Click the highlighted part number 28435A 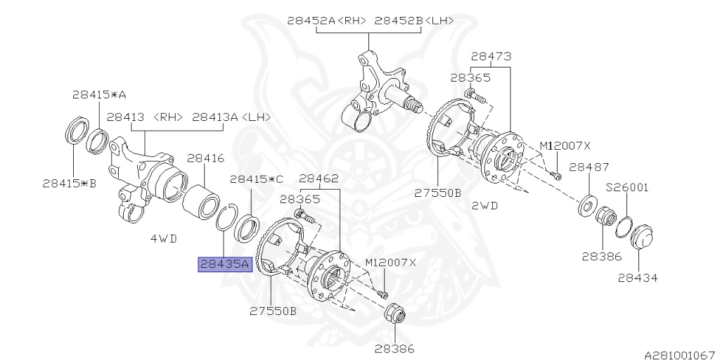point(224,264)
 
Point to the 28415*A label point(98,94)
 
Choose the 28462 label point(319,179)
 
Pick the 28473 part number point(491,56)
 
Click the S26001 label point(627,188)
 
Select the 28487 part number point(589,167)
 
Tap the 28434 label point(638,278)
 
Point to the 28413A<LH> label point(231,117)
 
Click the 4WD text point(163,238)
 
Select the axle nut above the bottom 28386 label point(394,314)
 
